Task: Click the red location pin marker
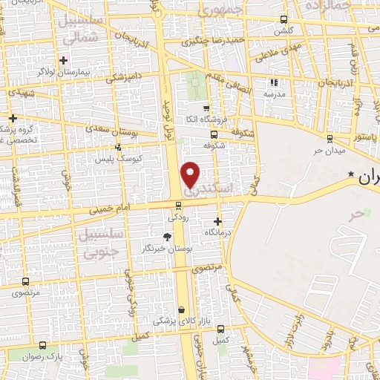(x=191, y=174)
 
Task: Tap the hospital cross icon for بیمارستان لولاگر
(x=64, y=59)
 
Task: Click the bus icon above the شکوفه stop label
(x=214, y=134)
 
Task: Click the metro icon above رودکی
(x=178, y=206)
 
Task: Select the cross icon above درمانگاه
(x=217, y=220)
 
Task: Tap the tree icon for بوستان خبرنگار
(x=167, y=237)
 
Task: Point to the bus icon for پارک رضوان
(x=42, y=345)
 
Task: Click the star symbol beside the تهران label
(x=351, y=174)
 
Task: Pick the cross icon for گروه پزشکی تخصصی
(x=12, y=118)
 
